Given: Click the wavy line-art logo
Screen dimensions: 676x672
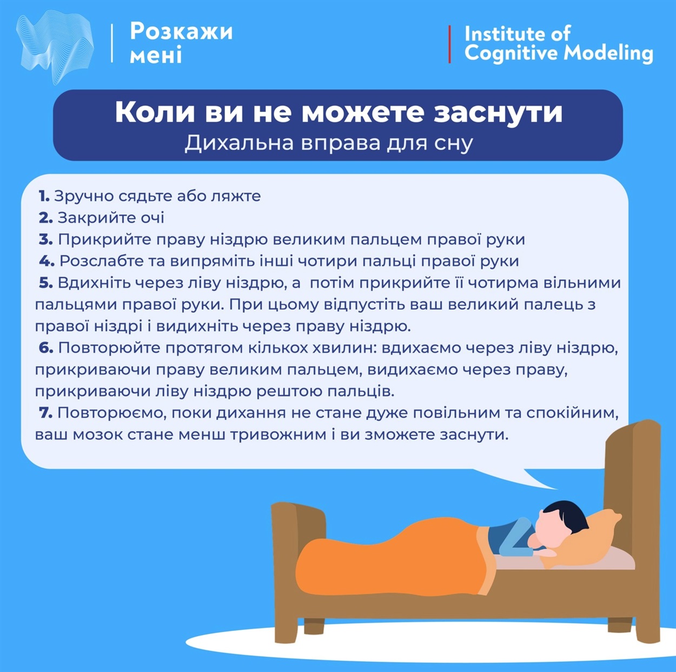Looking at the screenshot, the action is [x=55, y=48].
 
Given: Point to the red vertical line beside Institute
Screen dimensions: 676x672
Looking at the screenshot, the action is [x=449, y=44].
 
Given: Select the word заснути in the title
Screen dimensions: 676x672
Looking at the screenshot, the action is [x=498, y=113].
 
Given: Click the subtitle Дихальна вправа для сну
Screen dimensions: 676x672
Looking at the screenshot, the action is [x=329, y=143].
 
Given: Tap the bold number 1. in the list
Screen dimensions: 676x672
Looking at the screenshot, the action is [x=44, y=196].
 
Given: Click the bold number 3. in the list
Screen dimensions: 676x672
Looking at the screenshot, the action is [x=45, y=240].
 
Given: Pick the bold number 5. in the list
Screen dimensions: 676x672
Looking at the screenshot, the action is [x=45, y=283].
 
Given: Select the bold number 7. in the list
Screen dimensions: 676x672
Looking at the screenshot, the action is [x=45, y=413].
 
